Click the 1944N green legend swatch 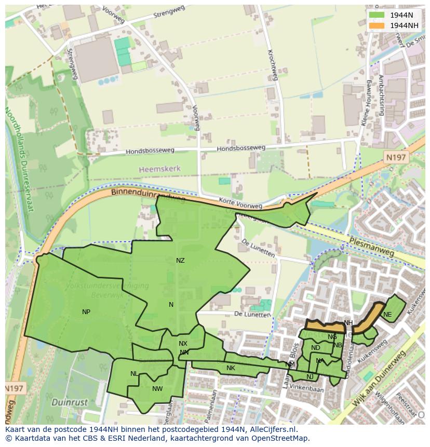377,16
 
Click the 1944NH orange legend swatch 377,25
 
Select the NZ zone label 180,261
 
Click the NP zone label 86,312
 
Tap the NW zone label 157,388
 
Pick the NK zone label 231,368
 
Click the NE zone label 387,315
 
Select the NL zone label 134,374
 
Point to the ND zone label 315,348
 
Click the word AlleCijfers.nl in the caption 273,429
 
